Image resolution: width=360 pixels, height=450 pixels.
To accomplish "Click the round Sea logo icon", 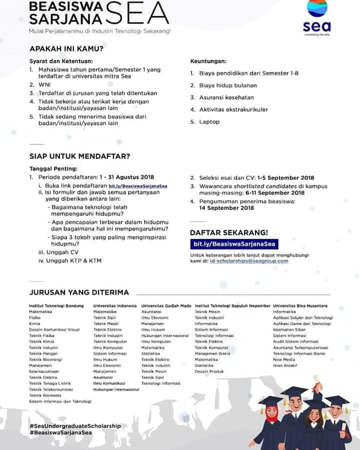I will click(x=317, y=9).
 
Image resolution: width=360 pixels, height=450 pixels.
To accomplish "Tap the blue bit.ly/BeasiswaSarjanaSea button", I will click(x=234, y=244).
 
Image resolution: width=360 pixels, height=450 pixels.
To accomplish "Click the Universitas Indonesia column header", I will click(x=114, y=305).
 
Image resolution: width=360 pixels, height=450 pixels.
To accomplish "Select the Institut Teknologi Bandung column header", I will click(x=56, y=305).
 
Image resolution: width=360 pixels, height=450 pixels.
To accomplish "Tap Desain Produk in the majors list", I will click(x=209, y=371).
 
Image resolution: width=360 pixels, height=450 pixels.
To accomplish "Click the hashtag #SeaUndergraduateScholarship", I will click(x=75, y=425).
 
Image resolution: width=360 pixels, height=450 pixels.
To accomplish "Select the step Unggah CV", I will click(x=62, y=252).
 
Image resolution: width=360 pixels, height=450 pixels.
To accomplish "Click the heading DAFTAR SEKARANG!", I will click(x=228, y=232).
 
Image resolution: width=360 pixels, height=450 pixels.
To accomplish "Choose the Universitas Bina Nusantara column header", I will click(x=300, y=305).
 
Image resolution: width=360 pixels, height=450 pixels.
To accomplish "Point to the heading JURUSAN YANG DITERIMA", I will click(x=78, y=292).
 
